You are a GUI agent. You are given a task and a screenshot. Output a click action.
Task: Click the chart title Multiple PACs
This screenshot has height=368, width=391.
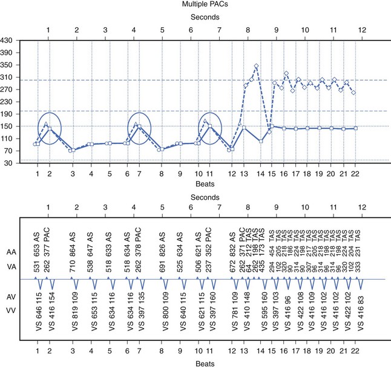click(x=196, y=5)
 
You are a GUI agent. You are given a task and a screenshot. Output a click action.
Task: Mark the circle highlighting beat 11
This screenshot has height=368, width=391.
click(x=210, y=128)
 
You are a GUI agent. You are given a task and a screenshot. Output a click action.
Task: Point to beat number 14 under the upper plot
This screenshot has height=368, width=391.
click(x=261, y=174)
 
